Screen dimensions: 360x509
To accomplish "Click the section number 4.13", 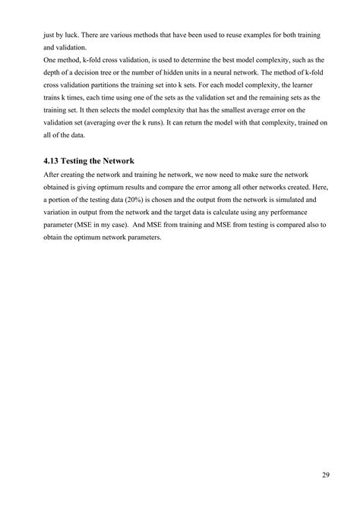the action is pos(54,160).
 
